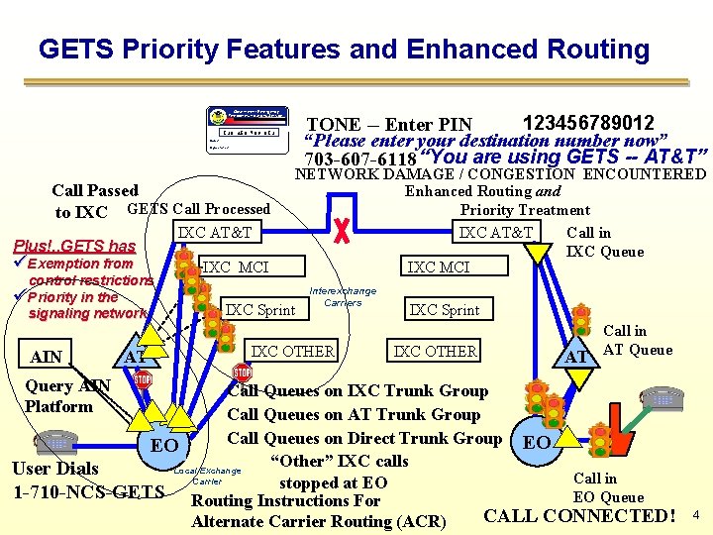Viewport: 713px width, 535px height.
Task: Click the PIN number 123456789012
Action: tap(587, 123)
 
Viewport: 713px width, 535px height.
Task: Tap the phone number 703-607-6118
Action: tap(360, 160)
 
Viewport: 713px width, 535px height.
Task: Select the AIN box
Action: tap(46, 357)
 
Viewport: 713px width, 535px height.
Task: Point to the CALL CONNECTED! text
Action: tap(579, 515)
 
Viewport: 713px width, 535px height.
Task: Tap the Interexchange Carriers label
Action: tap(343, 296)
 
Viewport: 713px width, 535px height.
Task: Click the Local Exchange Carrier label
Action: tap(207, 476)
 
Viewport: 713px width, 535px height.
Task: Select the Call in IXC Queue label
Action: tap(604, 243)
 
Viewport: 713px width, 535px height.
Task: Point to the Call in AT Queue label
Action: tap(637, 340)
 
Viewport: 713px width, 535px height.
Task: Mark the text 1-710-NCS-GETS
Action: tap(88, 491)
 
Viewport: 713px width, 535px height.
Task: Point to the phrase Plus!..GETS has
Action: tap(74, 246)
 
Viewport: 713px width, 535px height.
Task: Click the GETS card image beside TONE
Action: tap(244, 128)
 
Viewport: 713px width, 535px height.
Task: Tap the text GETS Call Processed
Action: tap(198, 209)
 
